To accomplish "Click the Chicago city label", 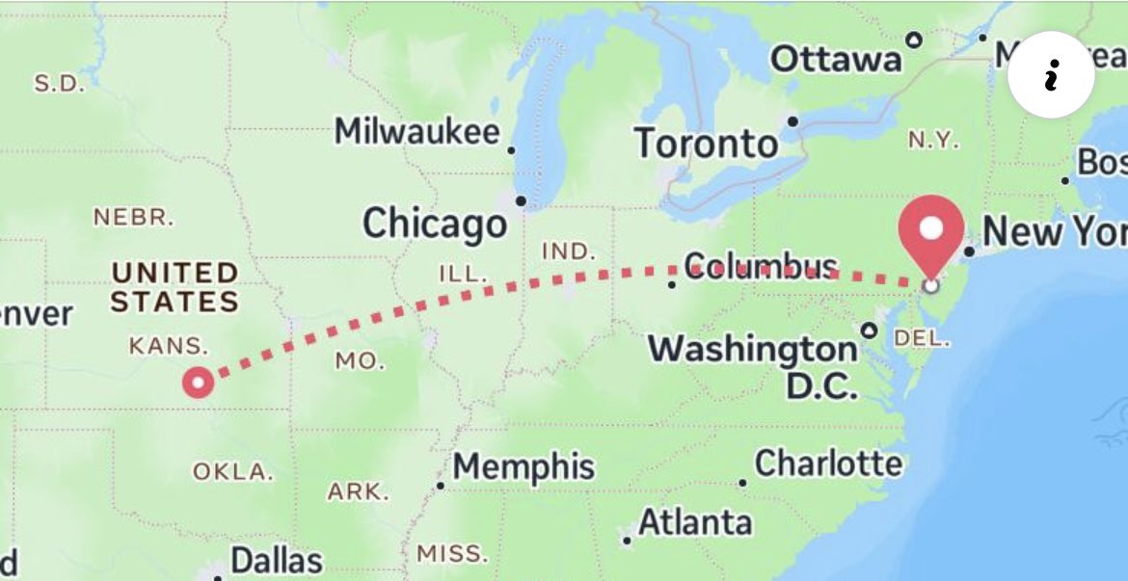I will [x=434, y=224].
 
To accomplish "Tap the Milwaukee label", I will [x=416, y=132].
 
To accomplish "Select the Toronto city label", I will [x=706, y=145].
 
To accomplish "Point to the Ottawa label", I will [x=835, y=59].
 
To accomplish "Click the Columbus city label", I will [x=761, y=266].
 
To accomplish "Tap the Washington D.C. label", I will [x=752, y=365].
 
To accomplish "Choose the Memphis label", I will [x=524, y=466].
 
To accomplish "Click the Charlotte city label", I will [x=828, y=463].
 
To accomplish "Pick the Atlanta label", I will [x=695, y=523].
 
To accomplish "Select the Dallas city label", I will [x=277, y=560].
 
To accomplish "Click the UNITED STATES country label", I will [x=175, y=287].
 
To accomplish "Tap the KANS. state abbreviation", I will [x=168, y=345].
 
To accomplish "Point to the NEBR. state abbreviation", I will [x=134, y=217].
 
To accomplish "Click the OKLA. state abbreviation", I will [x=232, y=472].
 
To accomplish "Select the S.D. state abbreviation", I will [x=59, y=83].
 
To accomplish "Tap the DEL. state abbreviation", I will [x=922, y=338].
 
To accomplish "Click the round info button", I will [x=1051, y=75].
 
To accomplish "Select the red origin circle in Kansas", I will [x=199, y=383].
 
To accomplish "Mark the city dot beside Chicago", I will [x=521, y=201].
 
